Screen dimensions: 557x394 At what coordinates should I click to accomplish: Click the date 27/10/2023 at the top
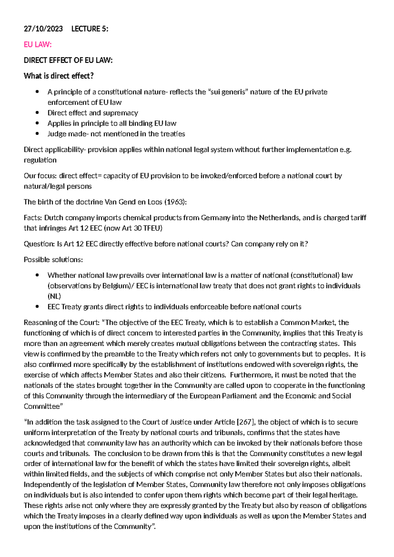click(43, 29)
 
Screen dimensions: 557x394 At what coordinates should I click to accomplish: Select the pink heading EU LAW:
click(38, 45)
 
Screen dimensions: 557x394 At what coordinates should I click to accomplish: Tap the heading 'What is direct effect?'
click(59, 76)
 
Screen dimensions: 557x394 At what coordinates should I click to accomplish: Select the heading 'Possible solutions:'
click(53, 260)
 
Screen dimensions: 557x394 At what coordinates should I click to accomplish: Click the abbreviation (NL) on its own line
click(54, 296)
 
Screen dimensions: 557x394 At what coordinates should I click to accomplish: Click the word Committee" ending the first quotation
click(43, 407)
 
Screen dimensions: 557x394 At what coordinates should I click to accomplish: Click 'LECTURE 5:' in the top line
click(90, 29)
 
